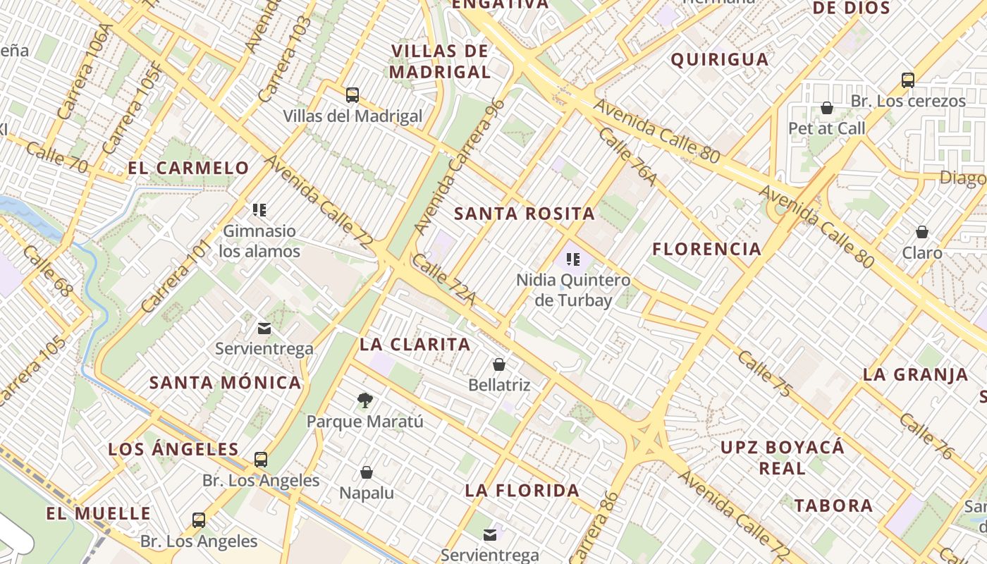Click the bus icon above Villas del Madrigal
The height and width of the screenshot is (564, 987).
pos(352,94)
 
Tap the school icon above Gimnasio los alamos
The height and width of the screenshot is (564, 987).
pos(259,209)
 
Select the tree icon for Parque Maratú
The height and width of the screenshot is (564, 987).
pos(364,400)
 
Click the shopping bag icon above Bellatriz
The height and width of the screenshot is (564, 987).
pos(499,364)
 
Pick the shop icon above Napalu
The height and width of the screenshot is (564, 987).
pos(366,472)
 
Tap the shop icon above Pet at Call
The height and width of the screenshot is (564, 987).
pos(826,108)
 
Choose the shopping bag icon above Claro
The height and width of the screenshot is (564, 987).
pos(921,232)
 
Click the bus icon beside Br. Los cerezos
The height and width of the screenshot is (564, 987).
pos(908,80)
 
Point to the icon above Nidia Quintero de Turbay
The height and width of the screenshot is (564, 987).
pos(572,259)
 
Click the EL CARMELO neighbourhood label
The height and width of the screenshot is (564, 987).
pos(188,168)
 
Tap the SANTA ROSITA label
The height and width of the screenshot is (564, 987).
pos(525,214)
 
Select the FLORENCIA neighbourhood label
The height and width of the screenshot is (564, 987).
pos(706,249)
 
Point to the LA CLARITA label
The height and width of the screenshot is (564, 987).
pos(415,344)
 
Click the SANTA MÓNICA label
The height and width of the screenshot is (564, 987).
pos(226,383)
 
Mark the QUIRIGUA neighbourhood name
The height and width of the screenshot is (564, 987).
pos(719,59)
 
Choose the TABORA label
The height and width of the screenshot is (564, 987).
pos(833,505)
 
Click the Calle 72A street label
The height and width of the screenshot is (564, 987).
pos(443,281)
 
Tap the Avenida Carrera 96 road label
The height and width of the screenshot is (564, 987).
pos(460,166)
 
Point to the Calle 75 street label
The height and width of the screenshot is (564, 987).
pos(765,373)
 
